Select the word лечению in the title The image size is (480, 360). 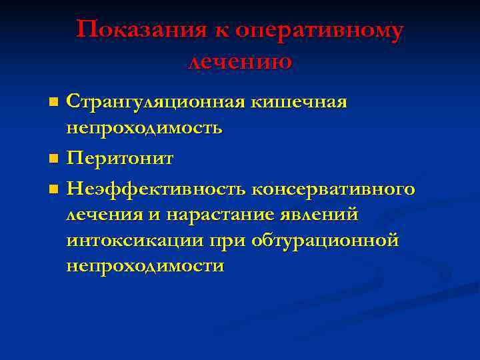pos(240,62)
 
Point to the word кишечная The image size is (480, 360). pos(299,103)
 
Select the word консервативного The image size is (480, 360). pos(333,189)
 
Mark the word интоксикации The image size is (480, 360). pos(131,240)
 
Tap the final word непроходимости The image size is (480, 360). pos(145,265)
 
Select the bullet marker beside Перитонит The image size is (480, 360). pos(54,159)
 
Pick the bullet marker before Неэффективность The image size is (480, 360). pos(54,190)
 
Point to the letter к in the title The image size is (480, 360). pos(218,31)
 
